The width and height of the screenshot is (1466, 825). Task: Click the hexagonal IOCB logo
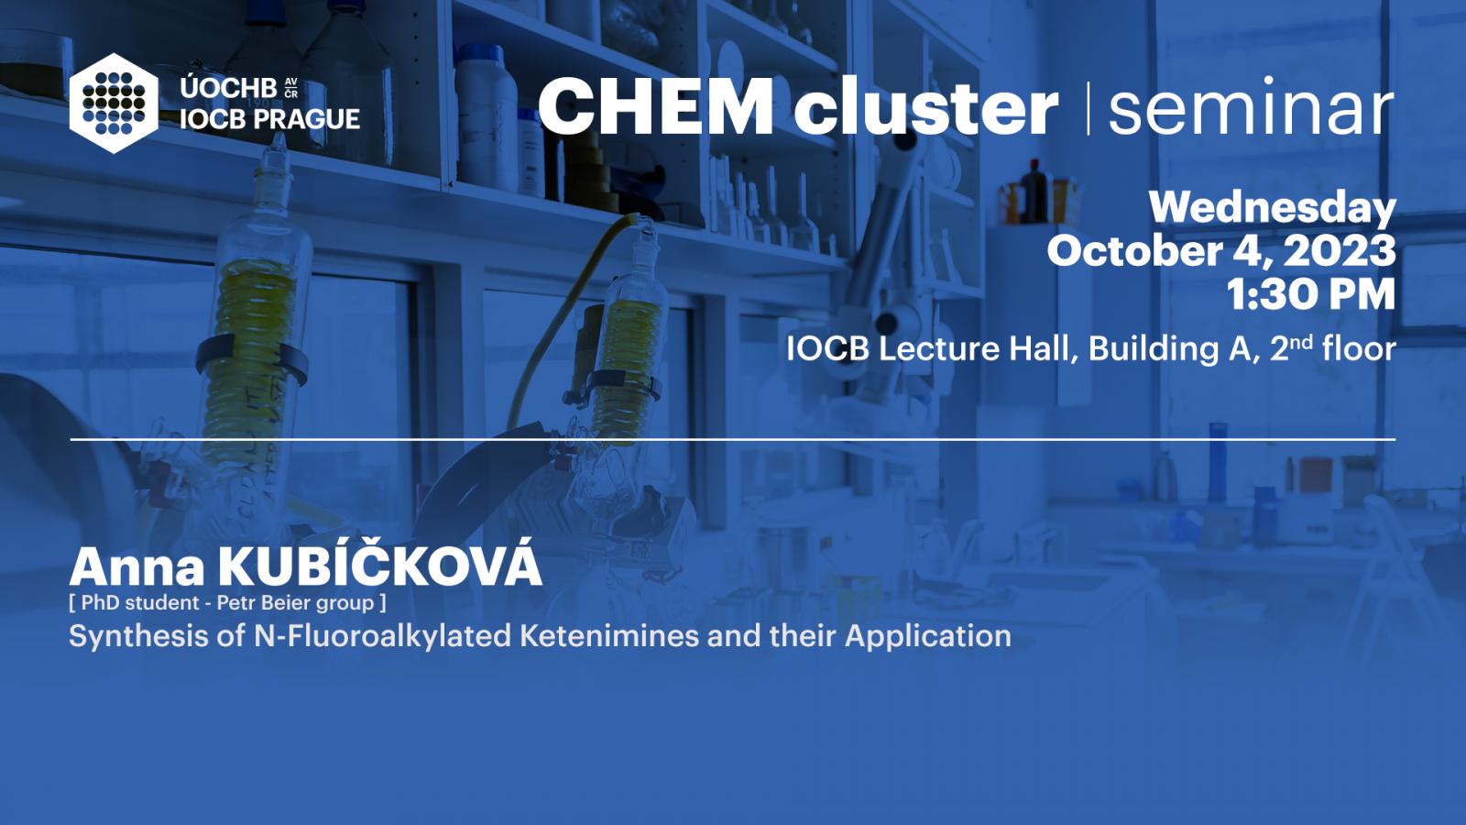114,104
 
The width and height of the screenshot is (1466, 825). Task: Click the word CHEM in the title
656,106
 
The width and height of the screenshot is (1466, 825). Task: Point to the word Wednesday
1273,209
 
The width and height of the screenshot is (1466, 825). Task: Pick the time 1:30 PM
1311,294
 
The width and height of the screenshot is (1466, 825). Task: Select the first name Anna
137,567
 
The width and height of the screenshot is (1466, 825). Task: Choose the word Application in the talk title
928,637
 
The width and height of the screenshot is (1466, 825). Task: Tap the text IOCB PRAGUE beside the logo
269,119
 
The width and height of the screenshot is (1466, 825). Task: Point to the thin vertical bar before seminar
1089,108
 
